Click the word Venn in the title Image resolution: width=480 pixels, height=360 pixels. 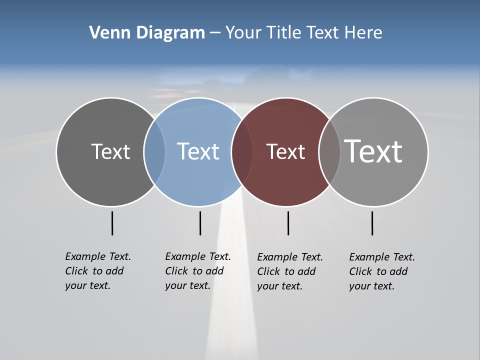[x=106, y=33]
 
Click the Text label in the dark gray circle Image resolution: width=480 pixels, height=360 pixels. [x=110, y=151]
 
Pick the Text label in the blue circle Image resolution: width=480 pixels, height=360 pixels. [x=198, y=151]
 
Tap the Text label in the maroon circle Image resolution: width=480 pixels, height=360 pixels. [x=285, y=151]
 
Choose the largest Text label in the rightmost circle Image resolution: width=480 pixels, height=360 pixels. [x=373, y=151]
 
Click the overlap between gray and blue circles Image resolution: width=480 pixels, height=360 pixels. [x=154, y=151]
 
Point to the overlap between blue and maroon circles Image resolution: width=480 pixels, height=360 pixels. [x=242, y=151]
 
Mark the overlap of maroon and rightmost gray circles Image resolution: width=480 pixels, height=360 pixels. [x=329, y=151]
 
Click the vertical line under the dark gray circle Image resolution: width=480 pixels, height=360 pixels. [x=112, y=223]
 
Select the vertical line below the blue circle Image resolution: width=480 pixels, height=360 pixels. [x=200, y=223]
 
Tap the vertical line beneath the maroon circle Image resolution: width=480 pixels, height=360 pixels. [x=288, y=223]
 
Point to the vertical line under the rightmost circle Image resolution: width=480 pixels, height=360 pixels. [x=372, y=223]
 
